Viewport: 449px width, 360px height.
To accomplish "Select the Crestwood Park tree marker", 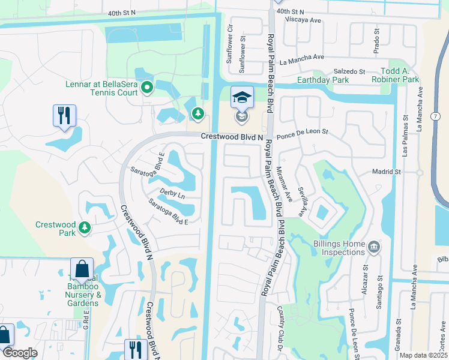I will coord(85,227).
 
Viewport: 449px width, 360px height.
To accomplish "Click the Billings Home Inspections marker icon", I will coord(374,247).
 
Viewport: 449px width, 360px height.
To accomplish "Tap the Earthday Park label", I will coord(323,80).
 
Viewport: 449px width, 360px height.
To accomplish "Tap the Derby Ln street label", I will coord(172,193).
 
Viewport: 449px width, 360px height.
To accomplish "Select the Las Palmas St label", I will coord(406,144).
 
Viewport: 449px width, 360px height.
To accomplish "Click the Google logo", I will coord(20,353).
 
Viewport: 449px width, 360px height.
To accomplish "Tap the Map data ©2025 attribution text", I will coord(423,355).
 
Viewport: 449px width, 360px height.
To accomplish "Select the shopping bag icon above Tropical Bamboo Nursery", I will coord(82,269).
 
